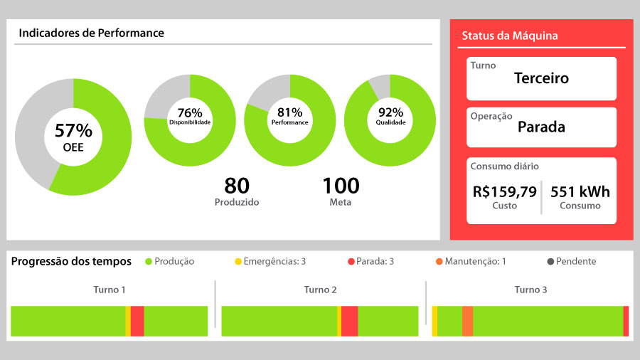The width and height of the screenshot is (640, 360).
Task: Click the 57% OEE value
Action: [73, 131]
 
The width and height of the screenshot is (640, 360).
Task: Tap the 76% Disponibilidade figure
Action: [190, 112]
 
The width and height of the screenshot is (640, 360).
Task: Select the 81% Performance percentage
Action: [290, 112]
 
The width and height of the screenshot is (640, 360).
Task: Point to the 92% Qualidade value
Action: [390, 112]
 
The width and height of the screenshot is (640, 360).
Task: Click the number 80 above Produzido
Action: [237, 186]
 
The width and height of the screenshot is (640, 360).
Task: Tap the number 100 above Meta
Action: [341, 186]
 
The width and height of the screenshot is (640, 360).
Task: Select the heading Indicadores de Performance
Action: [91, 33]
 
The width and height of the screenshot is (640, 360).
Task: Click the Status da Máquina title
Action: [510, 36]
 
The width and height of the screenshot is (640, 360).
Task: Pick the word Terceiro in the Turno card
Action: [541, 78]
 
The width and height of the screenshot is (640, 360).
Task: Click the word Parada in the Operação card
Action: [541, 127]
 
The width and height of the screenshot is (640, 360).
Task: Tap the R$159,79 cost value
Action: [505, 191]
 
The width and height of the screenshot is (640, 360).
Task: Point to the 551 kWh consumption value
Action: [580, 191]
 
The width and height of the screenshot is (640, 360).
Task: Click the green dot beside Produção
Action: [149, 262]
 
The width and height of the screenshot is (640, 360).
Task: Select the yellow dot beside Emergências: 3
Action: [238, 262]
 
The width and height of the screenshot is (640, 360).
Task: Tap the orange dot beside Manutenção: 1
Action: [439, 262]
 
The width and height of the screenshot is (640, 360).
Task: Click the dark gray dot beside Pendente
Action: [551, 262]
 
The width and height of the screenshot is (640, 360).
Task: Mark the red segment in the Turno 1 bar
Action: [137, 321]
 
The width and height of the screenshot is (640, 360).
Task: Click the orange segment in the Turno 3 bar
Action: [467, 321]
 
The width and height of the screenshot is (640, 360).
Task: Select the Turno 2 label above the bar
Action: [320, 290]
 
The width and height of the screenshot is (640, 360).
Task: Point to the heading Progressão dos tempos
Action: [71, 261]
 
